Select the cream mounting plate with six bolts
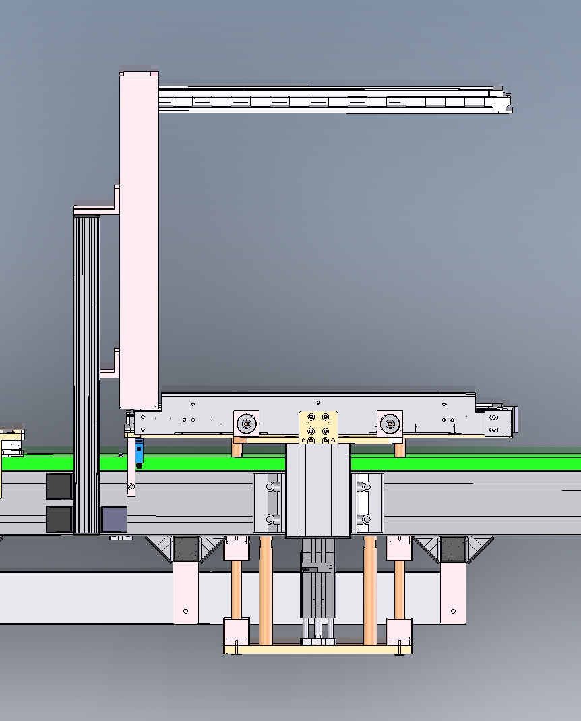point(318,428)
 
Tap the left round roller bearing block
point(247,424)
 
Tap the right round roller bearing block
point(390,424)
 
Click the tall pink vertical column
point(140,236)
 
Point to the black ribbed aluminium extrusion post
point(86,371)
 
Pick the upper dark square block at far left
point(59,486)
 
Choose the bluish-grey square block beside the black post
point(113,519)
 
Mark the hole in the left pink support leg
point(186,611)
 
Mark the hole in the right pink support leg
point(453,611)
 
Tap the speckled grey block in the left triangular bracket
point(186,548)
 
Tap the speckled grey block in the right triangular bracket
point(453,548)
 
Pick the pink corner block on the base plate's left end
point(236,632)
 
